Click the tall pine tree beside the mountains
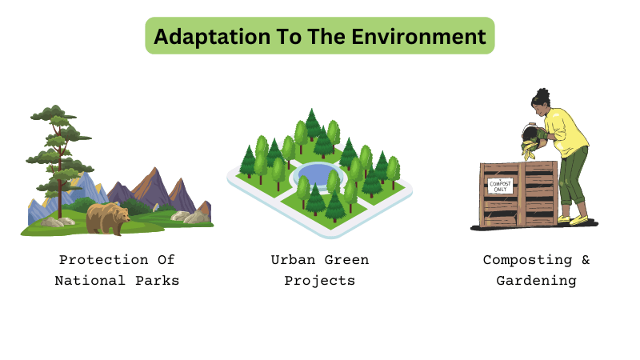[x=54, y=152]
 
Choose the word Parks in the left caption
[x=157, y=281]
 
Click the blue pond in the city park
[x=318, y=174]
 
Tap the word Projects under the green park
[x=319, y=281]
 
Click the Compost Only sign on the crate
[x=500, y=186]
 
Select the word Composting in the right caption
[x=517, y=260]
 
